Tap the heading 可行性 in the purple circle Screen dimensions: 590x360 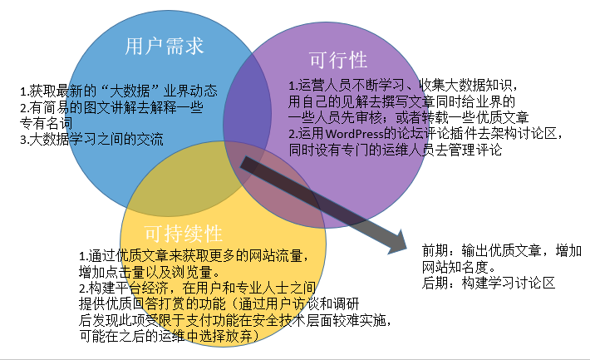337,60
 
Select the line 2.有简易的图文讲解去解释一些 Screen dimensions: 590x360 111,107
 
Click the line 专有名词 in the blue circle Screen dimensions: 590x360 51,123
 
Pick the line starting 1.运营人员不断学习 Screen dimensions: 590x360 403,86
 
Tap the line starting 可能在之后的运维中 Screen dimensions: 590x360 170,335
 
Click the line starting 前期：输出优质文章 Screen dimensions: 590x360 501,251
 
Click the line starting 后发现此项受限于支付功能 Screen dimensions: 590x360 234,319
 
